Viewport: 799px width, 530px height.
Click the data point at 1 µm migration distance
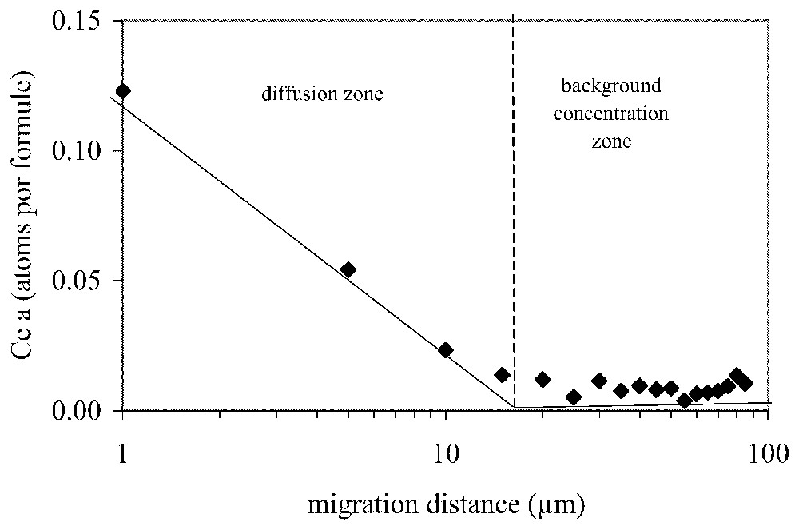(x=122, y=90)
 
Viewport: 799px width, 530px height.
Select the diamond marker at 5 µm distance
(x=348, y=269)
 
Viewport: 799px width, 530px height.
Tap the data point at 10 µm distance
(x=446, y=350)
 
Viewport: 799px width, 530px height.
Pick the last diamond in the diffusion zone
(x=502, y=374)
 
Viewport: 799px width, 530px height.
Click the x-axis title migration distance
(x=445, y=504)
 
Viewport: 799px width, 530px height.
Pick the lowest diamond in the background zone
(x=684, y=400)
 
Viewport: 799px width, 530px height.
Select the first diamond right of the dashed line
(x=543, y=379)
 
